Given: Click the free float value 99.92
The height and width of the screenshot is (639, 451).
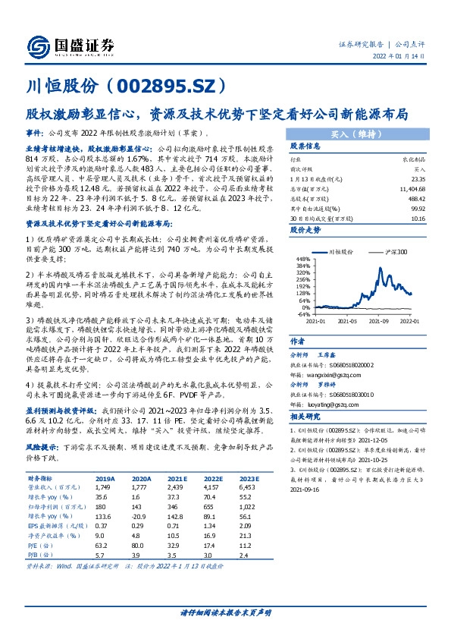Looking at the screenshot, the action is pos(419,205).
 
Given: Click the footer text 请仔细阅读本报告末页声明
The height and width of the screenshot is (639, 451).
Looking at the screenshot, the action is pos(225,612).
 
